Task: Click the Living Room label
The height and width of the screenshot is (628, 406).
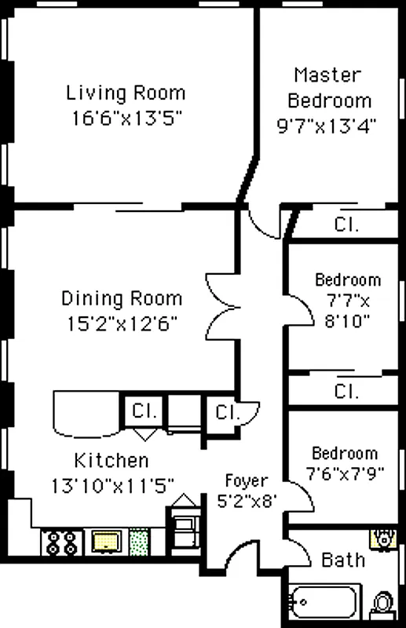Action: tap(126, 93)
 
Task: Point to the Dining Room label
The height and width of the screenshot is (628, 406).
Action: tap(122, 299)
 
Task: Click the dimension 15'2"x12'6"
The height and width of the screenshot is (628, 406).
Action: tap(122, 323)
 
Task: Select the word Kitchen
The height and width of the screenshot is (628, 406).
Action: tap(111, 460)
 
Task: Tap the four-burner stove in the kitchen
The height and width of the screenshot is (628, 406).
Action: tap(61, 541)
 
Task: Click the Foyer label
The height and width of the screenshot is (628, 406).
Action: tap(246, 480)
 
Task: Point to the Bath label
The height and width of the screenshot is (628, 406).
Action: tap(343, 560)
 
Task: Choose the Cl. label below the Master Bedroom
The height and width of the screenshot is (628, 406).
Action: tap(346, 224)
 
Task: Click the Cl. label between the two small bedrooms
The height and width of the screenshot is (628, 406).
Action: tap(346, 390)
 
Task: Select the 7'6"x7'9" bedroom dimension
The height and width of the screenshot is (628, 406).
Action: tap(344, 476)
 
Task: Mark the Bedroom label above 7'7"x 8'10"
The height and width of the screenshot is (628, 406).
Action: tap(348, 280)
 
